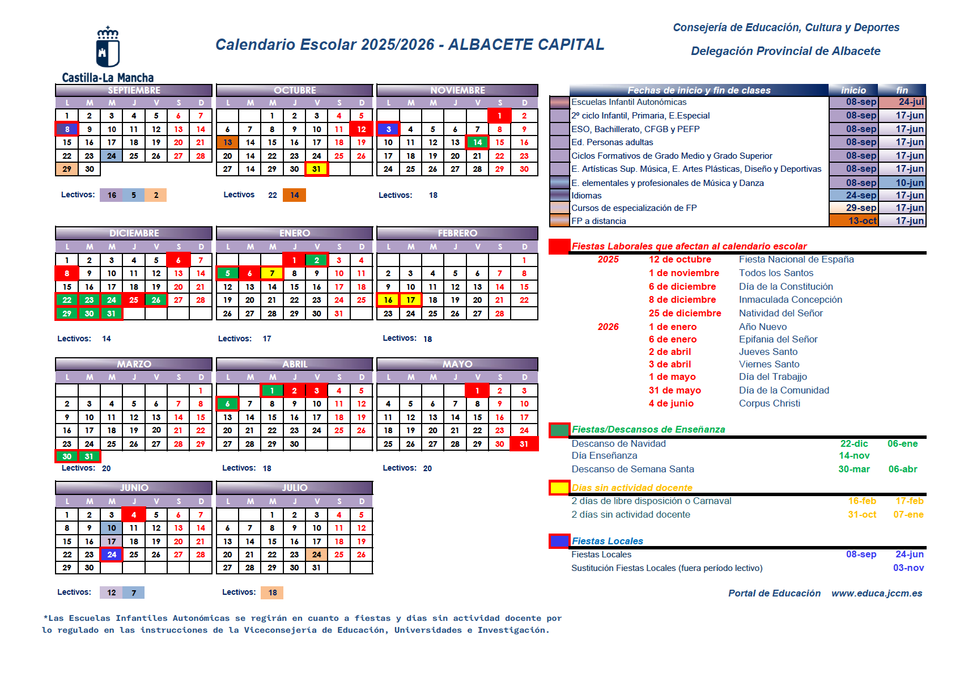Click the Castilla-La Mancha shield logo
coord(108,47)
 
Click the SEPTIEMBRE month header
coord(134,90)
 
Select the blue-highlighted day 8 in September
coord(67,129)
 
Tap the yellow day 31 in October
coord(316,169)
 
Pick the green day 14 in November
coord(477,142)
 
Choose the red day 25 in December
coord(134,300)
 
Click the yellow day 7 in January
coord(272,273)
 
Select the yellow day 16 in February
coord(388,300)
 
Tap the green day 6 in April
coord(227,404)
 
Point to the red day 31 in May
coord(524,444)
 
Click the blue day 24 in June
coord(112,555)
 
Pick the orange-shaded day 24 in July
coord(316,555)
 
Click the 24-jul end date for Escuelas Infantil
coord(911,102)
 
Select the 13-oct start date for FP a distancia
coord(862,221)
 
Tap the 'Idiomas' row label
coord(587,196)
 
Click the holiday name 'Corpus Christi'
coord(769,403)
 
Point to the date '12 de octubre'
coord(680,259)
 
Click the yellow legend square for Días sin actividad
coord(559,488)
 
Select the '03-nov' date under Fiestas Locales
coord(908,568)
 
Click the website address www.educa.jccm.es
coord(877,593)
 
